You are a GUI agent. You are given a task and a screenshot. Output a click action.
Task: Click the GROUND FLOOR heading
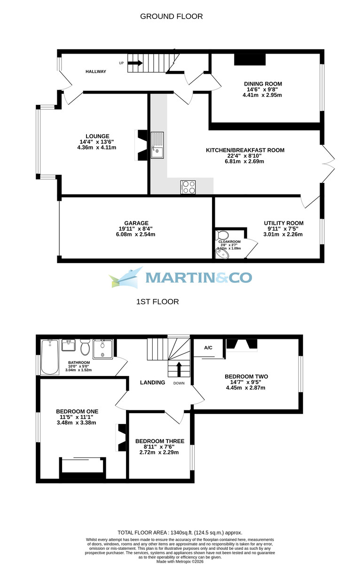[172, 16]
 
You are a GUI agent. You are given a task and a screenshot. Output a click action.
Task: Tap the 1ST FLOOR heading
[157, 302]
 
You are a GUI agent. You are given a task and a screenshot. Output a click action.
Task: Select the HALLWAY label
[96, 71]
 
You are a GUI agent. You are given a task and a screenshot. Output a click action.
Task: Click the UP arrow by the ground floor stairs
[135, 63]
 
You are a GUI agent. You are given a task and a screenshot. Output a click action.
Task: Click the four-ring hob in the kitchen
[188, 187]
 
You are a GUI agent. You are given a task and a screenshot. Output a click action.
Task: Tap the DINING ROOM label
[263, 84]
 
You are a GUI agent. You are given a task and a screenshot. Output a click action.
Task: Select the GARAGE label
[136, 223]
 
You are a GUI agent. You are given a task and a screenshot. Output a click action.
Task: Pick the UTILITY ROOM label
[283, 223]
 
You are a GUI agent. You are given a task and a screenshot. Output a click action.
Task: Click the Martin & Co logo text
[198, 277]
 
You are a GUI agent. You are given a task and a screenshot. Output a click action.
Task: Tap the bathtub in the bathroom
[49, 357]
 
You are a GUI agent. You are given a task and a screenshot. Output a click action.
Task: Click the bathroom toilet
[85, 348]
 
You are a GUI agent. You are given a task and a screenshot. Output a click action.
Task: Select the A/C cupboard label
[209, 348]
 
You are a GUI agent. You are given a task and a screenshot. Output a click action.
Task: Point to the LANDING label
[153, 383]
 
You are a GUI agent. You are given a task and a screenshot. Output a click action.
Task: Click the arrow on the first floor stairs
[179, 368]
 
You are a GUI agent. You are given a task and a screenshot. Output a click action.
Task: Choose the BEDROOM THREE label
[160, 441]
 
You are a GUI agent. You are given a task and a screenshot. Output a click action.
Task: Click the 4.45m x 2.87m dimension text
[246, 388]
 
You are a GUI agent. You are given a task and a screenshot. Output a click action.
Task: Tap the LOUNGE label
[98, 136]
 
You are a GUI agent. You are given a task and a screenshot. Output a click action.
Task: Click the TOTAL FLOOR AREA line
[180, 533]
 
